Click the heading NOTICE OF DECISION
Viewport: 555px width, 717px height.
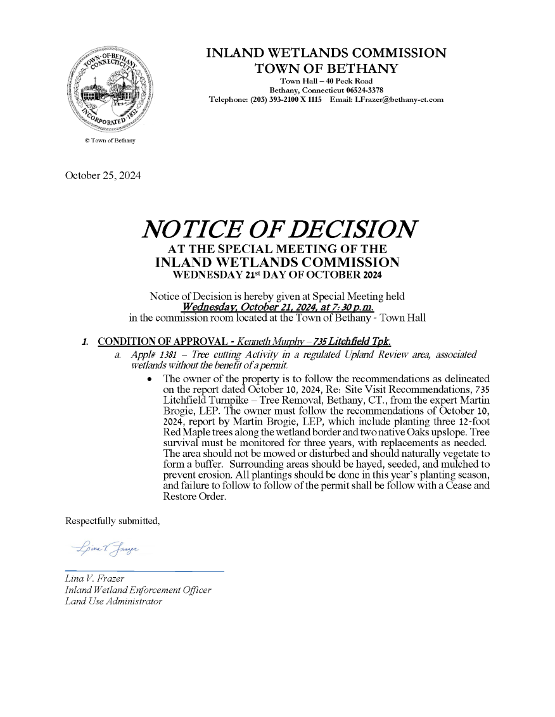(279, 228)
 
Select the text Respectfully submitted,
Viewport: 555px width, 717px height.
(113, 521)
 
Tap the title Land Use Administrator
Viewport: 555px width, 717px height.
(113, 601)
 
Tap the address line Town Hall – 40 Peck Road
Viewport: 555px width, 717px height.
(326, 81)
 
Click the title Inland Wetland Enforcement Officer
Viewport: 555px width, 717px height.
(138, 590)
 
